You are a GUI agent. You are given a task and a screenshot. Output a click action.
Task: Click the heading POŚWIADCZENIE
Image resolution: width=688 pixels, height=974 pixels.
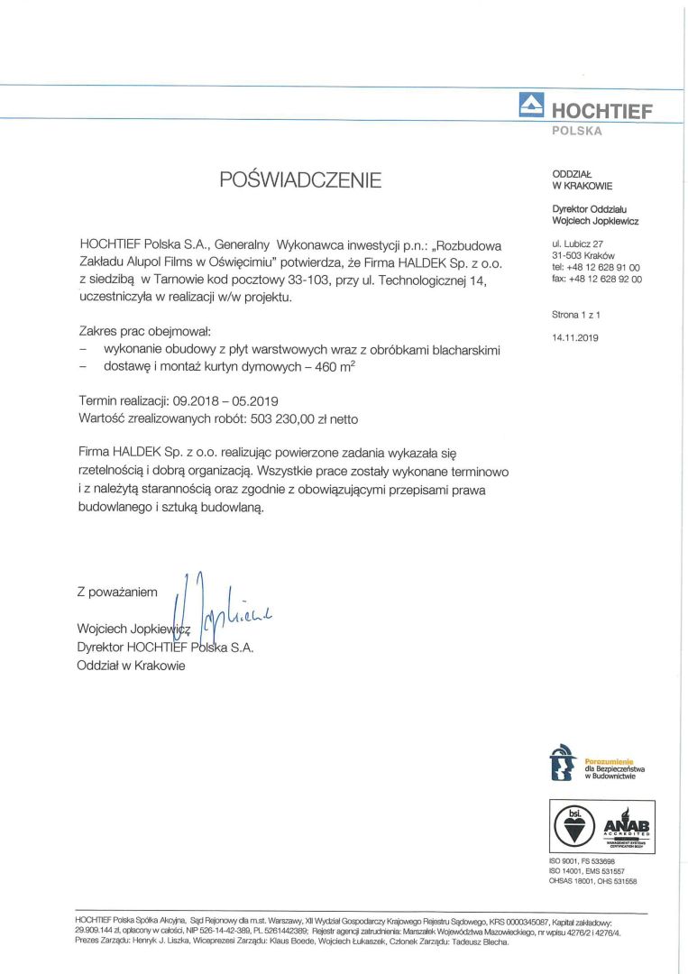(301, 179)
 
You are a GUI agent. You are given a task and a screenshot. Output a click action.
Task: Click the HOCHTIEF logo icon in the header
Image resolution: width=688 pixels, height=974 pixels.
(532, 106)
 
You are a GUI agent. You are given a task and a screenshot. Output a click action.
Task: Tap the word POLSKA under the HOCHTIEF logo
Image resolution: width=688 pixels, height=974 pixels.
(576, 131)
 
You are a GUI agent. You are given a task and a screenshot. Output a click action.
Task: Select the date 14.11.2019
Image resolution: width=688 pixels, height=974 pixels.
(573, 337)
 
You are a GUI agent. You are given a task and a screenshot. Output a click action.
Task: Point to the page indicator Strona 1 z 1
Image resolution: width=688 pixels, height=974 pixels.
(575, 315)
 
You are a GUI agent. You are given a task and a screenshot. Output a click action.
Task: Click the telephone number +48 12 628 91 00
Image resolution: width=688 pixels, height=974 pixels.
(603, 268)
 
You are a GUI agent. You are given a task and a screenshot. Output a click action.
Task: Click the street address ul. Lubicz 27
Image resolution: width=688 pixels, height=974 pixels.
(578, 243)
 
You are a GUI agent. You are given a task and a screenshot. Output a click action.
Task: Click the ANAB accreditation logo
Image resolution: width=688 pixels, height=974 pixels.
(628, 826)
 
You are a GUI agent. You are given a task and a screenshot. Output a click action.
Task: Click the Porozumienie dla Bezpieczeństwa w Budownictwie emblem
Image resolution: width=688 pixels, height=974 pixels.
(561, 761)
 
